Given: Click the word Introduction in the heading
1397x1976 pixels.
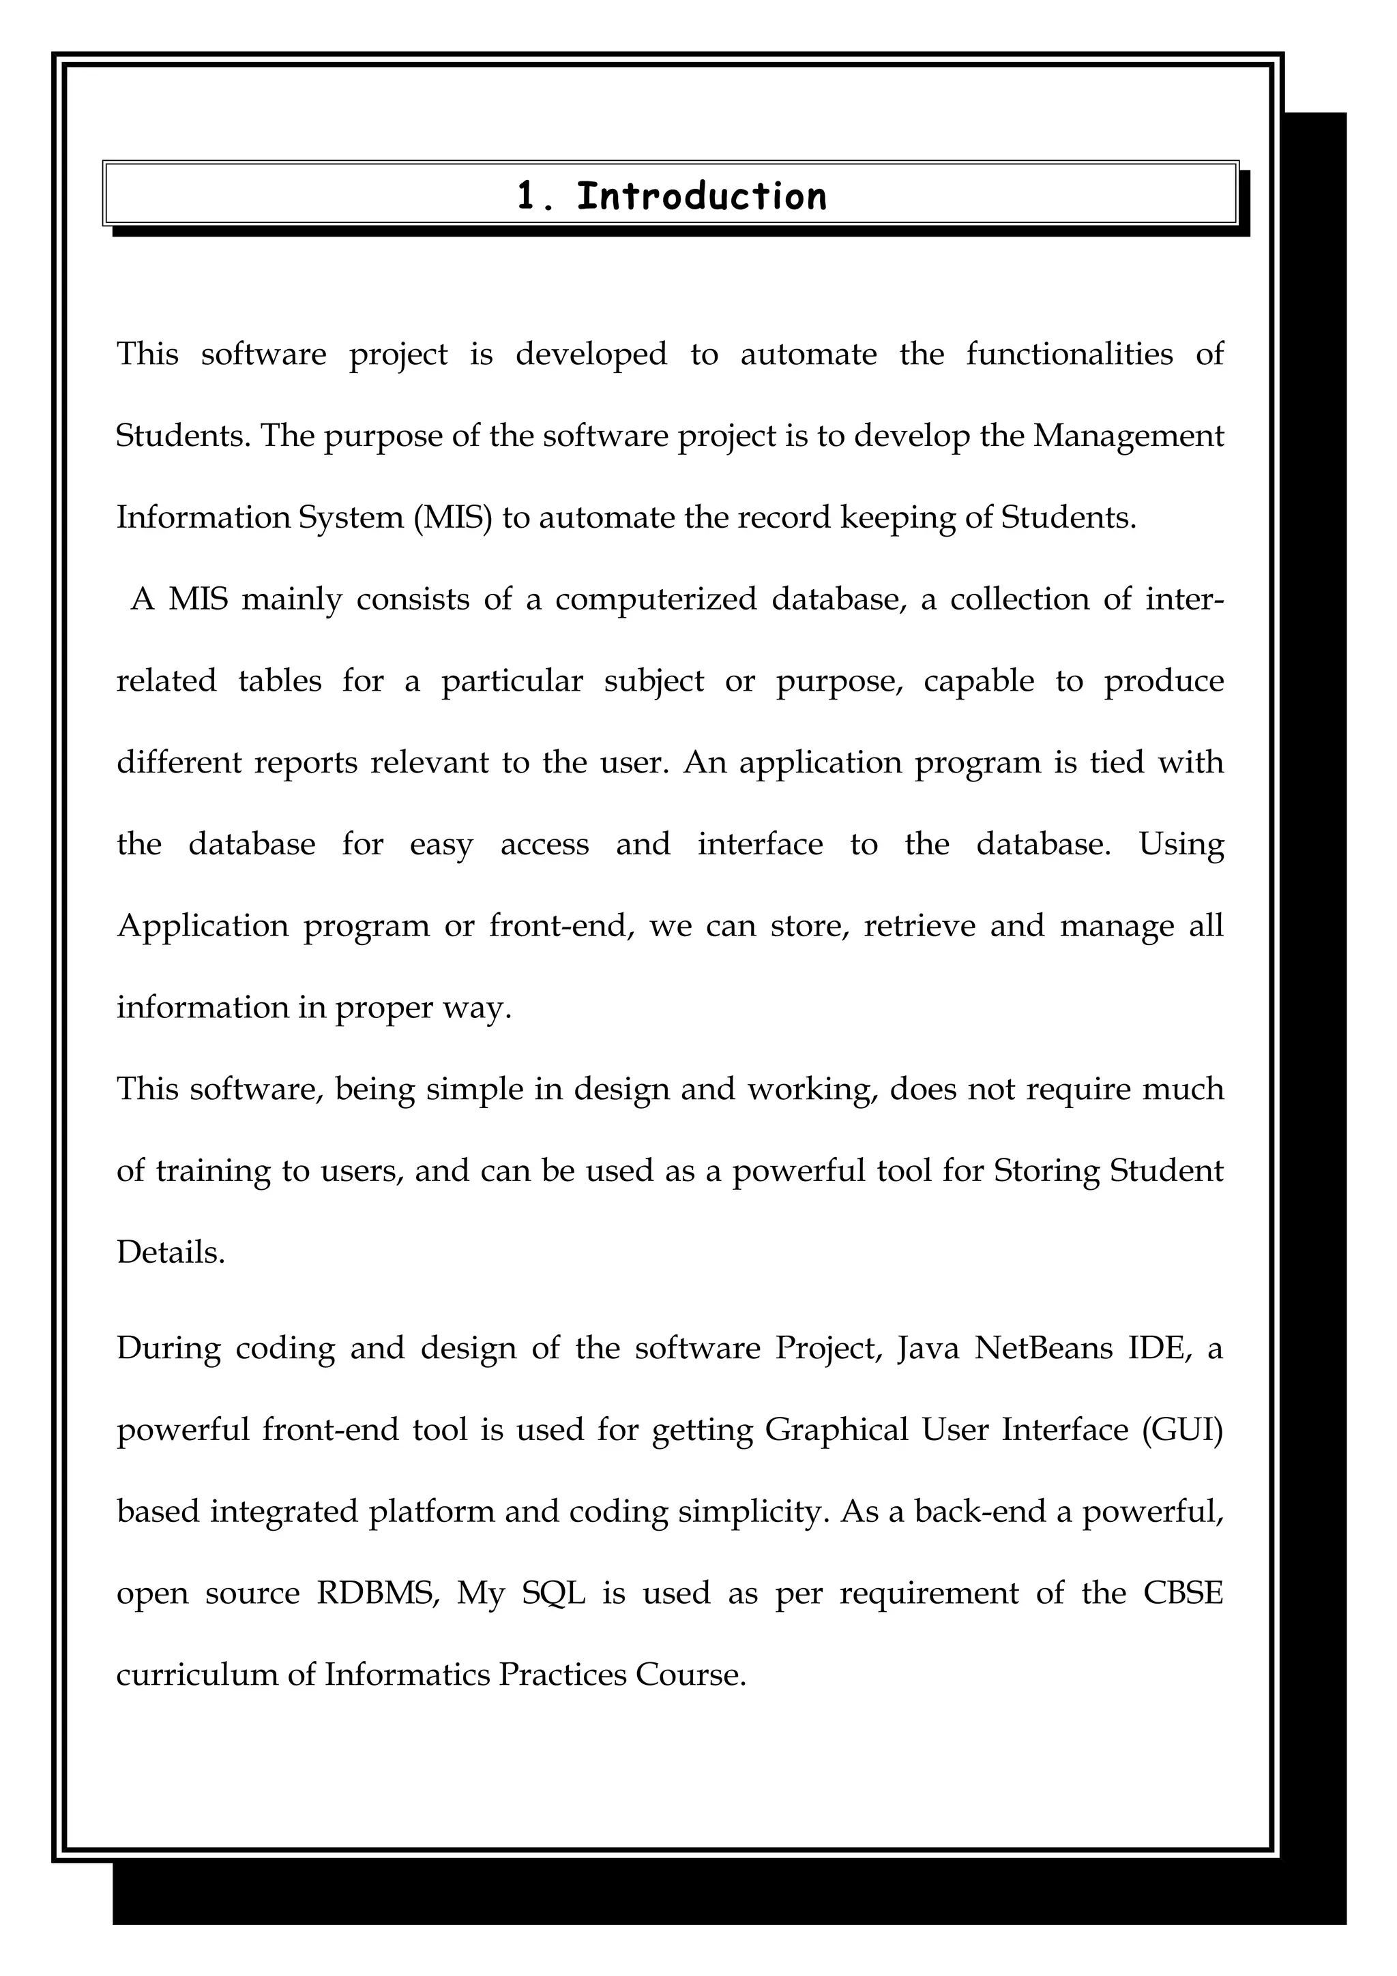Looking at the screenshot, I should (x=701, y=196).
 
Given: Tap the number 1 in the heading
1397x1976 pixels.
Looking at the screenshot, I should (x=526, y=196).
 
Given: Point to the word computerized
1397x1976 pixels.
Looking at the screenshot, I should (x=656, y=599).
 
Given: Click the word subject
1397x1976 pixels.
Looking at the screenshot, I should (x=653, y=680).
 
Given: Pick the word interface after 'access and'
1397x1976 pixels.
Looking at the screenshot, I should (x=759, y=844).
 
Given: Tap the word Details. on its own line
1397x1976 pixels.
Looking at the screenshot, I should (x=171, y=1252).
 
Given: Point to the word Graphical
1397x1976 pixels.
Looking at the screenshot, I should (x=836, y=1430).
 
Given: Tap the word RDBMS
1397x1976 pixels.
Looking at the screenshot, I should (x=378, y=1593).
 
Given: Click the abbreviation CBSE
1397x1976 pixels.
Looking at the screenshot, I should (x=1182, y=1593).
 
